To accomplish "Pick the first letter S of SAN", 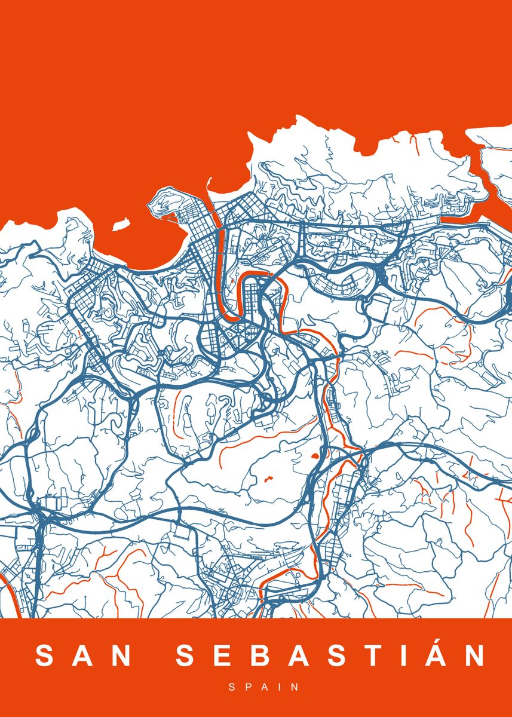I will (45, 655).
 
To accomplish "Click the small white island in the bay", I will (122, 226).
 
